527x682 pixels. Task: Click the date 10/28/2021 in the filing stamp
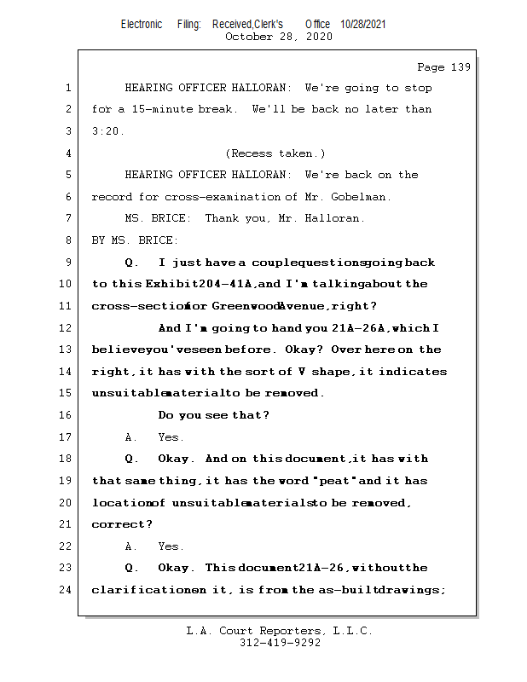point(362,25)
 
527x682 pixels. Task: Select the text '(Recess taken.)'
point(275,153)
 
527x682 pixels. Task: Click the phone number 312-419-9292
point(280,644)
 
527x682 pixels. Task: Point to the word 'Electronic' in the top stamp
point(142,25)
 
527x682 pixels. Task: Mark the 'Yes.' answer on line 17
point(171,437)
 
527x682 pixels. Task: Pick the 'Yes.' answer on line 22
point(171,546)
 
